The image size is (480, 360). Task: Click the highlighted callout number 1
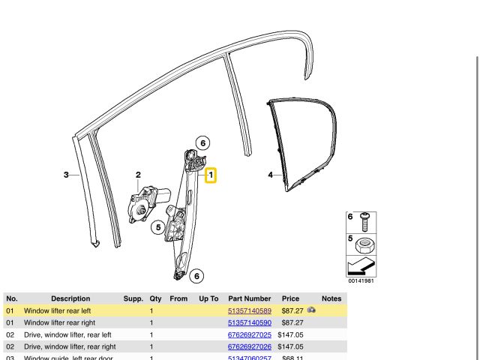[x=211, y=176]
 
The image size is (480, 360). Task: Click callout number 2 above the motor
[x=138, y=175]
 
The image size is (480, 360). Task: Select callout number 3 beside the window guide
[x=66, y=175]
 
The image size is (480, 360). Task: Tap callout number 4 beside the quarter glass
[x=270, y=175]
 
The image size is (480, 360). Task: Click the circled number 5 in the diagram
[x=158, y=227]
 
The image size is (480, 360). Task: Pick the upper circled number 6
[x=202, y=143]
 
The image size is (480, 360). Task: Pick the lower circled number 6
[x=196, y=276]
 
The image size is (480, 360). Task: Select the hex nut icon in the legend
[x=364, y=245]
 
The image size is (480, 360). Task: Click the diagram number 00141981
[x=361, y=280]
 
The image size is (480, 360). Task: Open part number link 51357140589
[x=250, y=310]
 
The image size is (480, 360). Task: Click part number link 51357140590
[x=250, y=322]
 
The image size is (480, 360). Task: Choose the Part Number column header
[x=250, y=298]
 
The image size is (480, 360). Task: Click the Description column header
[x=70, y=298]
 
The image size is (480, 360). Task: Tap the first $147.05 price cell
[x=290, y=334]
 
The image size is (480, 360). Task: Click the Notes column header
[x=331, y=298]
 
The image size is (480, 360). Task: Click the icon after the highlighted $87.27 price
[x=311, y=310]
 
